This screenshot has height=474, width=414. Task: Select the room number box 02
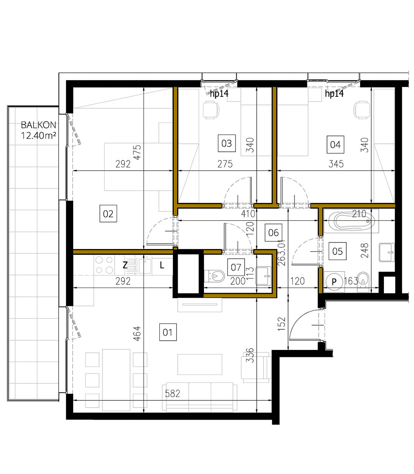pyautogui.click(x=108, y=214)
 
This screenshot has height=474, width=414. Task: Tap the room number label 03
pyautogui.click(x=226, y=144)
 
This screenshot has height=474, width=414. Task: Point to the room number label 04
pyautogui.click(x=335, y=145)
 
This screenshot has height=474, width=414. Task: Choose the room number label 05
pyautogui.click(x=337, y=251)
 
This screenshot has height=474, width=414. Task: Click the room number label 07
pyautogui.click(x=236, y=266)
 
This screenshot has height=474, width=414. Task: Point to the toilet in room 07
pyautogui.click(x=215, y=275)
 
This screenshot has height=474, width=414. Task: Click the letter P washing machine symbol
pyautogui.click(x=334, y=282)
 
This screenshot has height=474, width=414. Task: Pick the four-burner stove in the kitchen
pyautogui.click(x=104, y=265)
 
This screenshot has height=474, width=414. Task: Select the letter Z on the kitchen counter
pyautogui.click(x=125, y=265)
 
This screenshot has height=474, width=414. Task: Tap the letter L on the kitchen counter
pyautogui.click(x=162, y=265)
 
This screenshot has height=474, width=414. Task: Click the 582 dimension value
pyautogui.click(x=173, y=394)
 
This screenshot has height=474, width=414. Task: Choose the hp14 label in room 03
pyautogui.click(x=219, y=94)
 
